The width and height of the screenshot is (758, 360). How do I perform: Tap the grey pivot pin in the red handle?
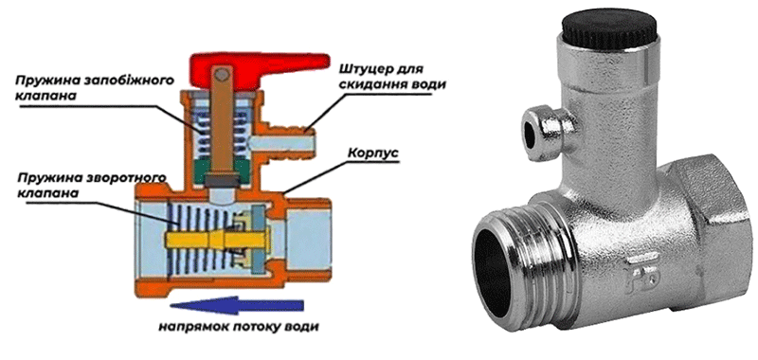222,75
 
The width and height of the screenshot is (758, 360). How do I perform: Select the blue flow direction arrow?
237,305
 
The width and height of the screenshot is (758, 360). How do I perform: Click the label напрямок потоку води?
240,327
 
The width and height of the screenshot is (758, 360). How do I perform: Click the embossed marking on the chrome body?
637,276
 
